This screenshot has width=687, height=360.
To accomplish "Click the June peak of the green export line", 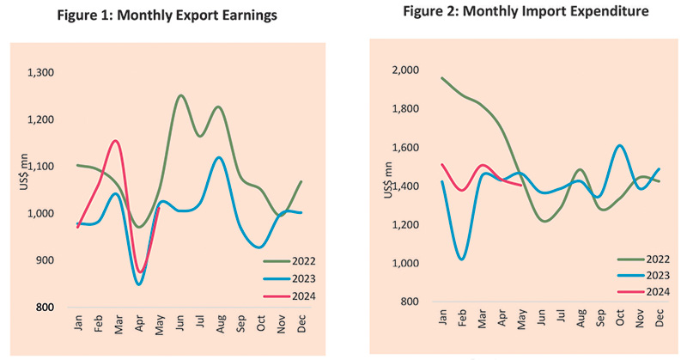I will point(181,95).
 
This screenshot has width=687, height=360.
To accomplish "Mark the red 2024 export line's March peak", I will point(116,141).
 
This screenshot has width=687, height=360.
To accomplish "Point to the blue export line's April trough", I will point(138,284).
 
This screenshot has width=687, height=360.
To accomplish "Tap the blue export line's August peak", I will point(220,157).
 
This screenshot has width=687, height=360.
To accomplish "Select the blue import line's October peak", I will point(620,145).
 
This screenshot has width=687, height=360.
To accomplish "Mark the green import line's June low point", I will point(543,221).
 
